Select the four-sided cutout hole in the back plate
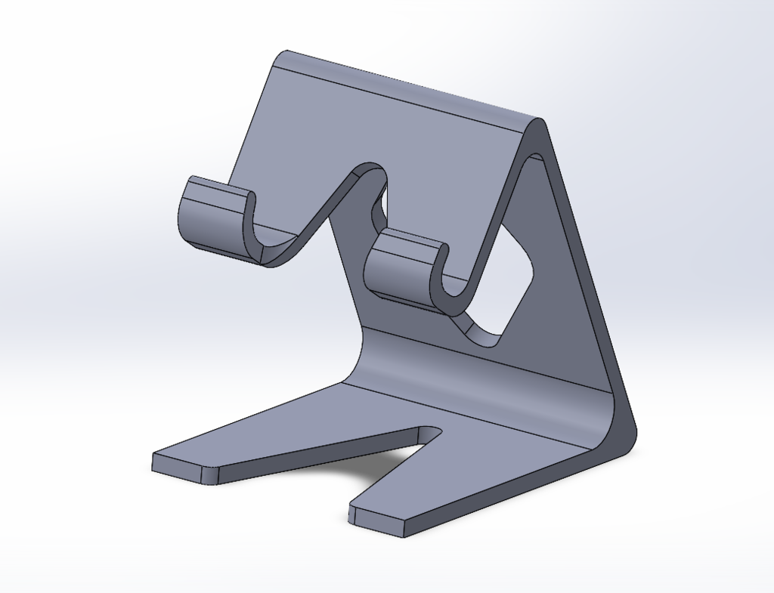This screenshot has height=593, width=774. tap(505, 287)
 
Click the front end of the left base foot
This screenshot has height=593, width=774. tap(181, 467)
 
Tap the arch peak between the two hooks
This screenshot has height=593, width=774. tap(370, 171)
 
